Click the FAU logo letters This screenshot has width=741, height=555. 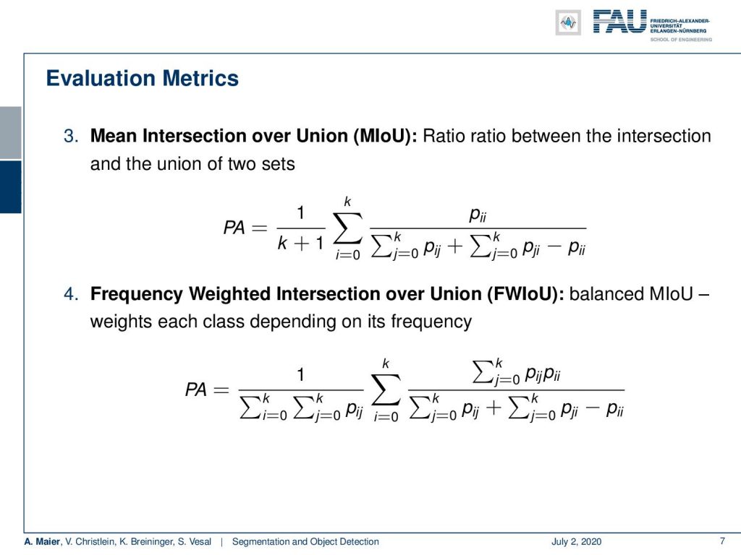[619, 22]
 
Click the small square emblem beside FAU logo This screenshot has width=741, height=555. [568, 22]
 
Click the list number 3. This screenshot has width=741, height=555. [71, 136]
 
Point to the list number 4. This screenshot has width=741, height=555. [71, 293]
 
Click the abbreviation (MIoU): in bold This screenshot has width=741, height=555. [385, 136]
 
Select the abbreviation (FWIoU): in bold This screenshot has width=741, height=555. [525, 293]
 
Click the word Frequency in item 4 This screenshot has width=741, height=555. [137, 294]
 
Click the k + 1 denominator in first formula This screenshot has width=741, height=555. [301, 243]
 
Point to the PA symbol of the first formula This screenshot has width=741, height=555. [234, 228]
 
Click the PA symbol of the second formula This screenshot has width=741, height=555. [195, 390]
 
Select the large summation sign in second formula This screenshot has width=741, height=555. [386, 390]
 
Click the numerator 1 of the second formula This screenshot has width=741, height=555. [300, 375]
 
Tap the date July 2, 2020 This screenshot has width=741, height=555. [576, 541]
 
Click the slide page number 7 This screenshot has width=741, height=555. [722, 541]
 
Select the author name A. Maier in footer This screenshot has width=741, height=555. [42, 541]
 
